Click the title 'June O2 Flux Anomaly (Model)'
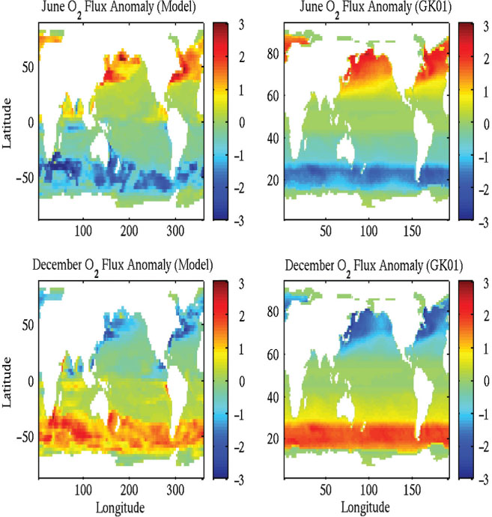click(x=118, y=8)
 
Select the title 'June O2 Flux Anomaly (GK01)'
click(x=375, y=8)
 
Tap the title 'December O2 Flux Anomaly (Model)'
click(x=122, y=267)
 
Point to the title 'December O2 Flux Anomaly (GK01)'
click(x=374, y=267)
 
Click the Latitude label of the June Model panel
click(x=7, y=123)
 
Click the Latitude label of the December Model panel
click(x=7, y=382)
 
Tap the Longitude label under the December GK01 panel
click(x=365, y=507)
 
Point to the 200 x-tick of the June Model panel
click(x=129, y=231)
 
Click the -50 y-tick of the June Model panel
click(x=25, y=178)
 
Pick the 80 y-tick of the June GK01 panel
click(x=273, y=54)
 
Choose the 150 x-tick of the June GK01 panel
click(x=412, y=231)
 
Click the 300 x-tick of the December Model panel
click(x=175, y=489)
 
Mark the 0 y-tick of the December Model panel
click(x=31, y=381)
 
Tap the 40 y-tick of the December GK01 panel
click(x=273, y=397)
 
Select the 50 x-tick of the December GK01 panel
click(x=326, y=489)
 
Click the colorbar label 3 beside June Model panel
click(x=242, y=25)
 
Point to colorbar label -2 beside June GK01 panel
click(x=484, y=190)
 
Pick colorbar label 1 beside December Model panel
click(x=242, y=349)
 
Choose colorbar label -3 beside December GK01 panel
click(x=484, y=480)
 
